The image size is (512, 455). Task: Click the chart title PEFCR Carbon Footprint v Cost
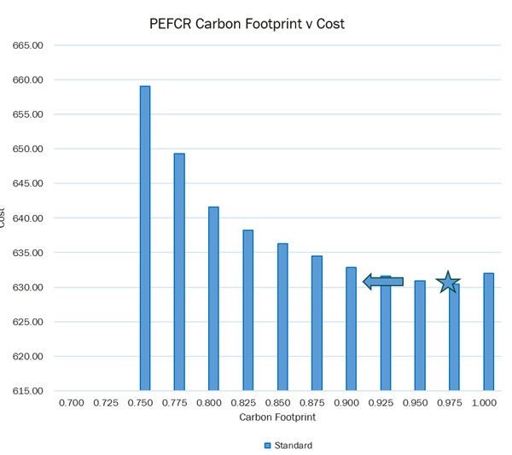tap(247, 24)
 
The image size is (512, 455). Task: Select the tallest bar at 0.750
tap(145, 238)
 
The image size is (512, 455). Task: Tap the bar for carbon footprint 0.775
tap(179, 271)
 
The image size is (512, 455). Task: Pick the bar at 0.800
tap(213, 298)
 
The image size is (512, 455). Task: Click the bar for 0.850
tap(282, 317)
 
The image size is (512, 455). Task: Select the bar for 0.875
tap(317, 323)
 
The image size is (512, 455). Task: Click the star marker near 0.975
tap(448, 283)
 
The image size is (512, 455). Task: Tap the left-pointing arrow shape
tap(383, 281)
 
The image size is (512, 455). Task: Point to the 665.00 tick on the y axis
tap(28, 45)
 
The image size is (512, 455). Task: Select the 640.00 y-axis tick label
tap(28, 219)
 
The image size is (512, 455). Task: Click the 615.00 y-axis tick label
tap(28, 391)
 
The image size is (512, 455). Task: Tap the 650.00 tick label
tap(28, 149)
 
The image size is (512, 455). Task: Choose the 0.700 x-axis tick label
tap(71, 402)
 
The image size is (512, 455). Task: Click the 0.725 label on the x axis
tap(106, 402)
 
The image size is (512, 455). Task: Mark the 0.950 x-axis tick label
tap(415, 402)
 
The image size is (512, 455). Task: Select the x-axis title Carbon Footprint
tap(277, 417)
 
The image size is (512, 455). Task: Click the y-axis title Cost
tap(3, 219)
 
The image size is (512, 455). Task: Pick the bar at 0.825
tap(248, 310)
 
